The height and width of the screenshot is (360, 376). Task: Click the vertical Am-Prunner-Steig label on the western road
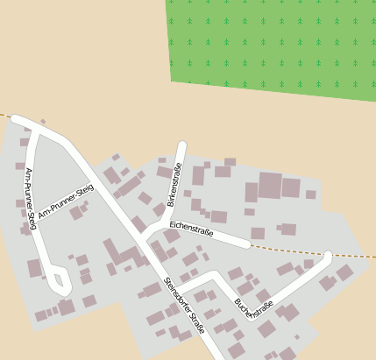pyautogui.click(x=30, y=198)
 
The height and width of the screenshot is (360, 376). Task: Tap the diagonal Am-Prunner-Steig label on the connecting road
pyautogui.click(x=65, y=202)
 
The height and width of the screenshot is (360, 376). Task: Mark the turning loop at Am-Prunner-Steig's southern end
pyautogui.click(x=59, y=282)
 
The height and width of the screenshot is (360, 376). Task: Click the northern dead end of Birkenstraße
pyautogui.click(x=182, y=145)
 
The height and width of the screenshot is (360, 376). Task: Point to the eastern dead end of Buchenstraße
pyautogui.click(x=328, y=257)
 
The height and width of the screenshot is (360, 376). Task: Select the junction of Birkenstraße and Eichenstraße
pyautogui.click(x=165, y=224)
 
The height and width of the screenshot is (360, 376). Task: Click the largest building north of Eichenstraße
pyautogui.click(x=270, y=185)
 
